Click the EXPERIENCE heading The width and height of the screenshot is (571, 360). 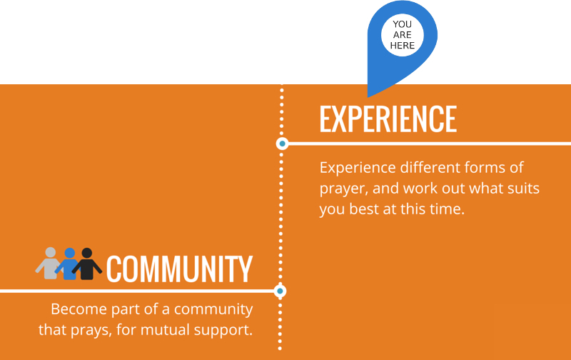click(388, 119)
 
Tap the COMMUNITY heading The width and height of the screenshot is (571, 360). click(179, 269)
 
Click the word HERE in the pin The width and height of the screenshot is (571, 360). click(403, 46)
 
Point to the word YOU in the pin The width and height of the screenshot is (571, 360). click(403, 24)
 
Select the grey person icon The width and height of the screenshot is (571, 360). click(49, 264)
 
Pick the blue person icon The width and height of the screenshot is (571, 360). click(69, 264)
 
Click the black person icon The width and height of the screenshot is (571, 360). click(86, 264)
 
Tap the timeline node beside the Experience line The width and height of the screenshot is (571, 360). click(282, 144)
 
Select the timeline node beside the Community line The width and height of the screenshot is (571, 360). click(280, 291)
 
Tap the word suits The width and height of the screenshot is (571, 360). click(522, 189)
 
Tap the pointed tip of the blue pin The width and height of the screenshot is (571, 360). click(368, 97)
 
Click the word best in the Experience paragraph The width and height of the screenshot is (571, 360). click(363, 209)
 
